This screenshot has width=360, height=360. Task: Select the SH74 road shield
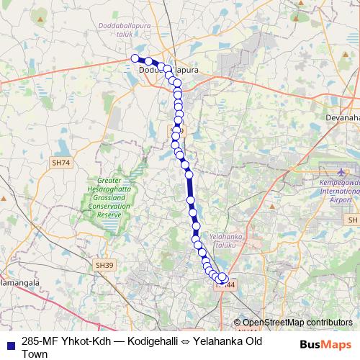pyautogui.click(x=61, y=163)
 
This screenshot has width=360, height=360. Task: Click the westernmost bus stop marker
pyautogui.click(x=135, y=58)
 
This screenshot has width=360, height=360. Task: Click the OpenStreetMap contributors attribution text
pyautogui.click(x=297, y=323)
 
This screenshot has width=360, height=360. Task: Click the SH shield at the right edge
pyautogui.click(x=352, y=219)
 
